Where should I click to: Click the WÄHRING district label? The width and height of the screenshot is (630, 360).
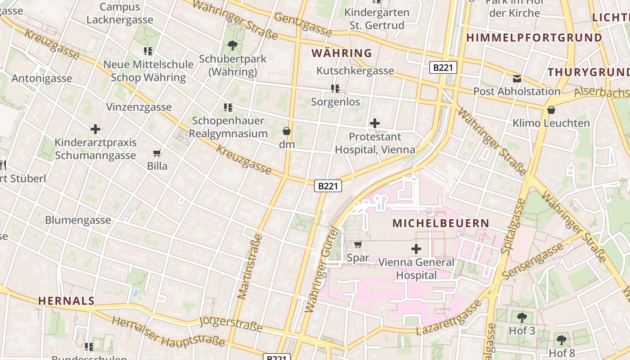(342, 53)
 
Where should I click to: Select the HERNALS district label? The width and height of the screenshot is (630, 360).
(66, 301)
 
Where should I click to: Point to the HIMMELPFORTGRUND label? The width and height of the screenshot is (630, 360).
(534, 38)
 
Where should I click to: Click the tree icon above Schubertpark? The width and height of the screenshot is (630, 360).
(233, 45)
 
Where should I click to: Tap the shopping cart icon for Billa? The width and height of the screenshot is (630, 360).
(157, 153)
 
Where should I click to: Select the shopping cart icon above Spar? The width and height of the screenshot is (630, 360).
(358, 244)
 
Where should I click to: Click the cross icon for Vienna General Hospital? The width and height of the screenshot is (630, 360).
(416, 248)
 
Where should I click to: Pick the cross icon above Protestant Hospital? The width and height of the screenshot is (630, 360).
(374, 123)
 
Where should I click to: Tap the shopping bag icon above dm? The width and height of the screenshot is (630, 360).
(286, 131)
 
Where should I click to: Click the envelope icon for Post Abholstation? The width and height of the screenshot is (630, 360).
(517, 78)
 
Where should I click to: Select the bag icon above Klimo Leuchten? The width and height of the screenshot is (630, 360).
(551, 110)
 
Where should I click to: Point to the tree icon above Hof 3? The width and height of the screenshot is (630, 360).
(522, 318)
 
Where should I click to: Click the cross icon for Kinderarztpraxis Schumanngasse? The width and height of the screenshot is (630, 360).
(95, 130)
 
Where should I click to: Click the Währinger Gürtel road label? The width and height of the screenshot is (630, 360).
(321, 270)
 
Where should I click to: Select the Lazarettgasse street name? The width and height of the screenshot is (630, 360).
(448, 318)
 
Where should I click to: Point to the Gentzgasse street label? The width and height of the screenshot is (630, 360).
(302, 24)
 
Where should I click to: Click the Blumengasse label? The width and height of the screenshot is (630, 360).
(78, 220)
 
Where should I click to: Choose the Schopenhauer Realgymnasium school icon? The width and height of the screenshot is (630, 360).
(228, 108)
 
